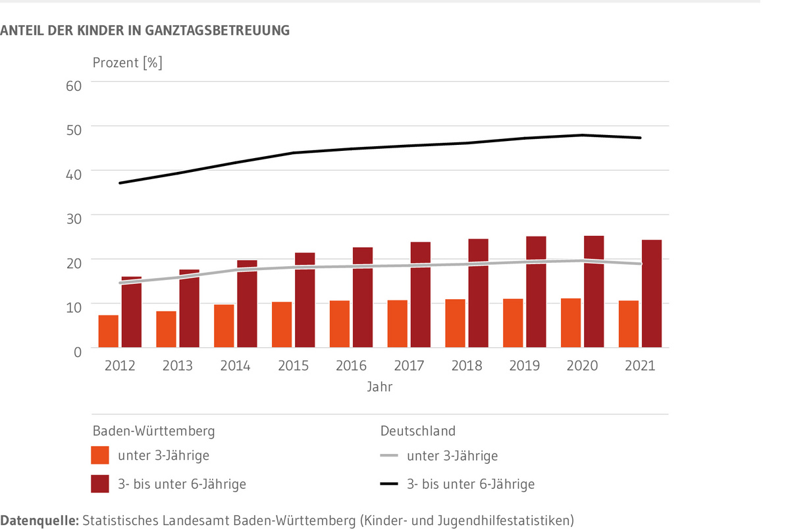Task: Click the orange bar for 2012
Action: coord(109,331)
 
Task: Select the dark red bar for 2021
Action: coord(652,294)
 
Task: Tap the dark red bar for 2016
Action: coord(363,298)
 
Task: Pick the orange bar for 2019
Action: coord(513,323)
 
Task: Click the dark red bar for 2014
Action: coord(247,304)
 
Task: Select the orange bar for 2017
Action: coord(397,324)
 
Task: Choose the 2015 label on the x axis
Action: coord(293,366)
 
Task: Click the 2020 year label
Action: coord(582,366)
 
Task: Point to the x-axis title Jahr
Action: coord(380,387)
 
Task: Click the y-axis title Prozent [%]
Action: coord(127,63)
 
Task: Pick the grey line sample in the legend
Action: coord(390,455)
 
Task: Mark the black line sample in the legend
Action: coord(390,484)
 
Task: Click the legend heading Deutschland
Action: coord(417,432)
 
